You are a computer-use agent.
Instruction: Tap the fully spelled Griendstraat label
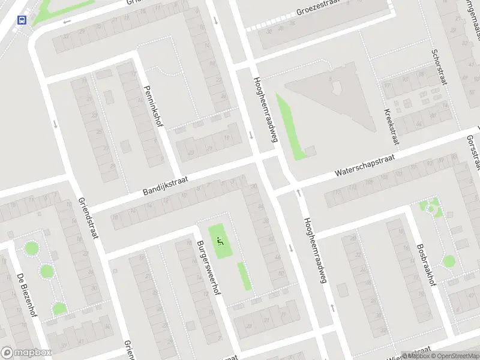(88, 218)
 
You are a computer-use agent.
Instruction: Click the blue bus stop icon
(23, 20)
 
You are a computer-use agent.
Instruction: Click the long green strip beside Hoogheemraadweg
(290, 126)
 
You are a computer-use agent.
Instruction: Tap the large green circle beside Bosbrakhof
(449, 261)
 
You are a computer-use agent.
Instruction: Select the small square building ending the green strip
(310, 151)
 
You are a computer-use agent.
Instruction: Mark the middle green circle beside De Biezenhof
(46, 271)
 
